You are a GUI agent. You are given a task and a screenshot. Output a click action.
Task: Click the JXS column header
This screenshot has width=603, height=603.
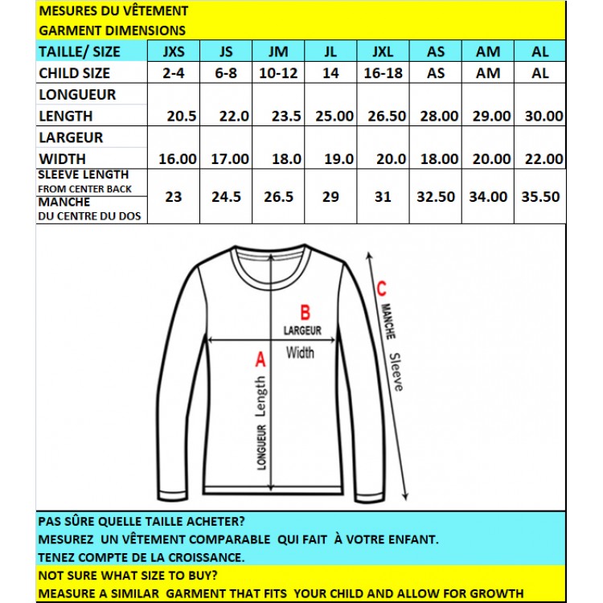(174, 51)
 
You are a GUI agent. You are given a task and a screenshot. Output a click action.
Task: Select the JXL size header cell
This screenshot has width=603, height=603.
(383, 51)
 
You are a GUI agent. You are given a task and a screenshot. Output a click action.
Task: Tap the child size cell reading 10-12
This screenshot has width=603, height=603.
(277, 72)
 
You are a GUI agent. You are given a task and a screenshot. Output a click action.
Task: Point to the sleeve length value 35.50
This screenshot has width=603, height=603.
(540, 195)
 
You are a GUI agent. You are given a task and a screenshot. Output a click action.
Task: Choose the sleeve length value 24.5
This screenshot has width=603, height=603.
(226, 195)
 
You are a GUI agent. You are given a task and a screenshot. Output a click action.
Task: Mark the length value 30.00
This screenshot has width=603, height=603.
(544, 116)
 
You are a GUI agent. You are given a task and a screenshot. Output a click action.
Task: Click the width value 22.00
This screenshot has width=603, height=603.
(544, 158)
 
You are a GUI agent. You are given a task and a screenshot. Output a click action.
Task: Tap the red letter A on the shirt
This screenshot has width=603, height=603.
(260, 360)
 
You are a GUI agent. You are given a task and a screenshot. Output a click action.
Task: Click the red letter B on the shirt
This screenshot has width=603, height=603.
(305, 312)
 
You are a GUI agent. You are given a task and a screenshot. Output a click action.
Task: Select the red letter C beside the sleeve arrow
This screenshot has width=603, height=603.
(382, 288)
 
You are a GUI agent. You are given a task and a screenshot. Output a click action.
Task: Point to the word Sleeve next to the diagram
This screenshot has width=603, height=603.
(395, 371)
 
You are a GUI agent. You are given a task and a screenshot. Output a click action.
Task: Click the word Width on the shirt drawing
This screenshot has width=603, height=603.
(300, 352)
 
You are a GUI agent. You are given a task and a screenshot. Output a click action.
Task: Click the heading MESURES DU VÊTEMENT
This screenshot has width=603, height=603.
(113, 11)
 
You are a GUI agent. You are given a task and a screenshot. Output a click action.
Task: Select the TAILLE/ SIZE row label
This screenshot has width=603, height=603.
(80, 51)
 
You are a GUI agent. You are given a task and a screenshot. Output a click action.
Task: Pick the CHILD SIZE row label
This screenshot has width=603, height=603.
(75, 72)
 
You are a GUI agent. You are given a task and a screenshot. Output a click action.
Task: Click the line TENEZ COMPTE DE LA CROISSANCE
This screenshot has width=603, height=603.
(142, 556)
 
